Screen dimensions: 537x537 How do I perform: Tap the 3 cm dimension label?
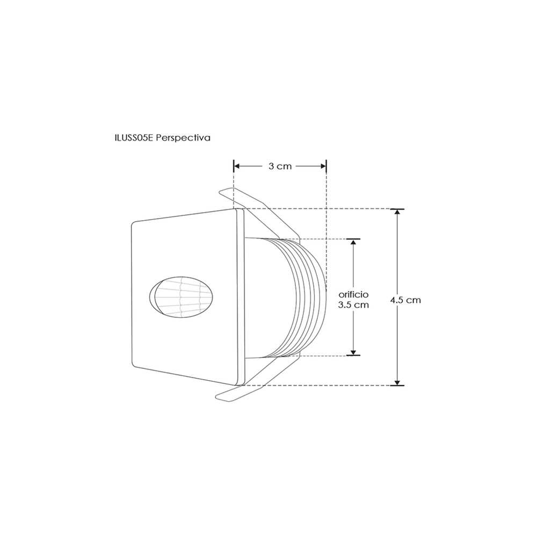[x=280, y=166]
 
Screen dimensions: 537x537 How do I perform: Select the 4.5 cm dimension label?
[x=405, y=300]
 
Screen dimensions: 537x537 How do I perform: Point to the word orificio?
[x=353, y=294]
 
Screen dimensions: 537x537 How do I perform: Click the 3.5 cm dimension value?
[x=353, y=304]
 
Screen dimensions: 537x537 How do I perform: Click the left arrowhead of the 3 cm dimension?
[x=236, y=166]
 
